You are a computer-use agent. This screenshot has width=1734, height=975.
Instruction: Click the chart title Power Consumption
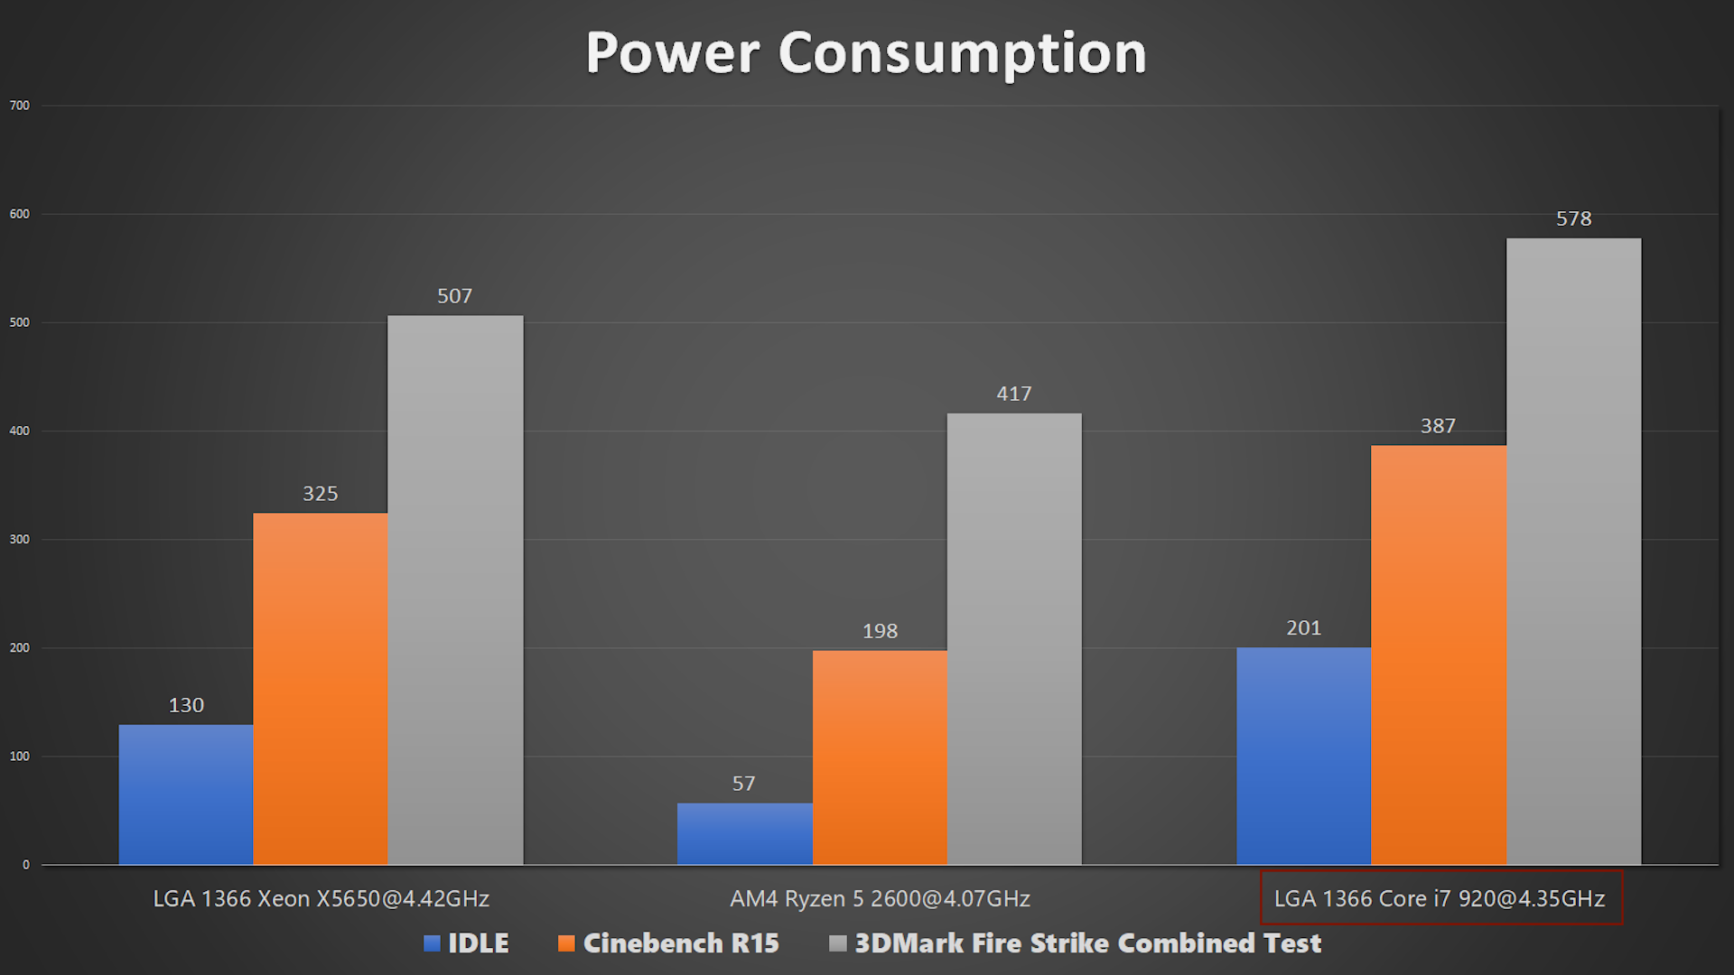click(865, 52)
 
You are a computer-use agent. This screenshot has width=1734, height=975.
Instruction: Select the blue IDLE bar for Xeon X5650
click(186, 794)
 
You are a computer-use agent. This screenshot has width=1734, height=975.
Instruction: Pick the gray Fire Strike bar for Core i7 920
click(1573, 551)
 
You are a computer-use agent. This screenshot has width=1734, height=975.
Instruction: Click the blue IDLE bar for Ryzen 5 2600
click(744, 834)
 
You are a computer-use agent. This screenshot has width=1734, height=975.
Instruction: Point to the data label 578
click(1573, 218)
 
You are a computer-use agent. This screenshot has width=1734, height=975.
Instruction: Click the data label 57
click(743, 784)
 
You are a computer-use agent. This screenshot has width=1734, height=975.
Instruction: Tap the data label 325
click(320, 494)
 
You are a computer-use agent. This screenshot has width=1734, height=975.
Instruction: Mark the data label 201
click(1303, 627)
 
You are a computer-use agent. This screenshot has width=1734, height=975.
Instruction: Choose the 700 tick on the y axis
click(20, 106)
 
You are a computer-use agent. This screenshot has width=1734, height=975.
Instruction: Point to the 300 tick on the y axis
click(20, 539)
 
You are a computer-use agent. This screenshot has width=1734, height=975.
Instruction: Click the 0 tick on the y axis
click(26, 865)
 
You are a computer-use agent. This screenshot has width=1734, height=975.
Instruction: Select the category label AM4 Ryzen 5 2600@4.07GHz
click(880, 898)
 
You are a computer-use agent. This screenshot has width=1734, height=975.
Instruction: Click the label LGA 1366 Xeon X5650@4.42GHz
click(321, 898)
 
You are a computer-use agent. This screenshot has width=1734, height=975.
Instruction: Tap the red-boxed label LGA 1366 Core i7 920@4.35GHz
click(1440, 898)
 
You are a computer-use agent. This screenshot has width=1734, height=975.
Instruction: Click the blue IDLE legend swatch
click(432, 943)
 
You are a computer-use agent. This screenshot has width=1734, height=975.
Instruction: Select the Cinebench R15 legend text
click(681, 943)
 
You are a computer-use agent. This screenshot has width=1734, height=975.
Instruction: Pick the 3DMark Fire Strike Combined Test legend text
click(1087, 943)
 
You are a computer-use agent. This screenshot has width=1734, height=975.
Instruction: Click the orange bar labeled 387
click(1438, 655)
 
